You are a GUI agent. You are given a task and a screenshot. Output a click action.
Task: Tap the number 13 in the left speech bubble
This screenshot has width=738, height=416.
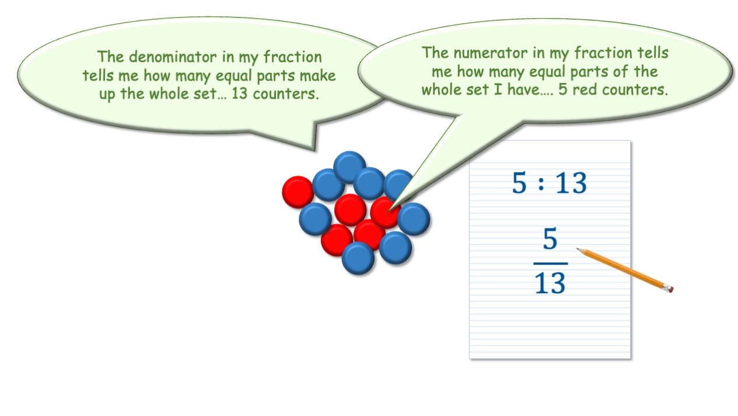click(240, 93)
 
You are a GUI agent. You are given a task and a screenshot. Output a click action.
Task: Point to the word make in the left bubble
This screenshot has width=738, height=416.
click(317, 75)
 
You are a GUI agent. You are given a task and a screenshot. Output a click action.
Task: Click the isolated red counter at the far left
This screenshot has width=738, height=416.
click(298, 192)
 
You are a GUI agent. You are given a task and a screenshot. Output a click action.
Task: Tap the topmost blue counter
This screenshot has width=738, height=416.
click(349, 167)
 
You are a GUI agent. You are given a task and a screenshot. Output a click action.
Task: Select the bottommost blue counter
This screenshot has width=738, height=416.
click(358, 258)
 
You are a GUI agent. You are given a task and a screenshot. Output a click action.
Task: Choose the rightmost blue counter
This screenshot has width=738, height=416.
click(414, 219)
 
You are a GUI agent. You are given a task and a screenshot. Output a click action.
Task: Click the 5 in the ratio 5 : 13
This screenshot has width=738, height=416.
click(519, 183)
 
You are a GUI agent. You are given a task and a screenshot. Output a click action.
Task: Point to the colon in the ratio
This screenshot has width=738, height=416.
click(541, 183)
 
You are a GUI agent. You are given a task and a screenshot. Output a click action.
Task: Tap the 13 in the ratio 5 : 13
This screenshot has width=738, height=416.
click(571, 183)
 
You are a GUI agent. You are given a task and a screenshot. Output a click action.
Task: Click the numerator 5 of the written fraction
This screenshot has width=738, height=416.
click(550, 238)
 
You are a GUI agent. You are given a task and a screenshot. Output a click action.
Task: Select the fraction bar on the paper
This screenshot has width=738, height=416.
click(551, 264)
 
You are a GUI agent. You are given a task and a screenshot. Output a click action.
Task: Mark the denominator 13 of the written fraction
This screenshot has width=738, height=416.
click(550, 283)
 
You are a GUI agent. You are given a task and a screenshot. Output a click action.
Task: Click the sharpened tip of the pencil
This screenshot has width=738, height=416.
click(576, 248)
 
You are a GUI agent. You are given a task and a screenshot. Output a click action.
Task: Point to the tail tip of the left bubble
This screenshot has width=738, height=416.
click(314, 150)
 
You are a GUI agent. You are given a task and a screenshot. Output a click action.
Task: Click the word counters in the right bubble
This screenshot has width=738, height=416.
click(635, 90)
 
